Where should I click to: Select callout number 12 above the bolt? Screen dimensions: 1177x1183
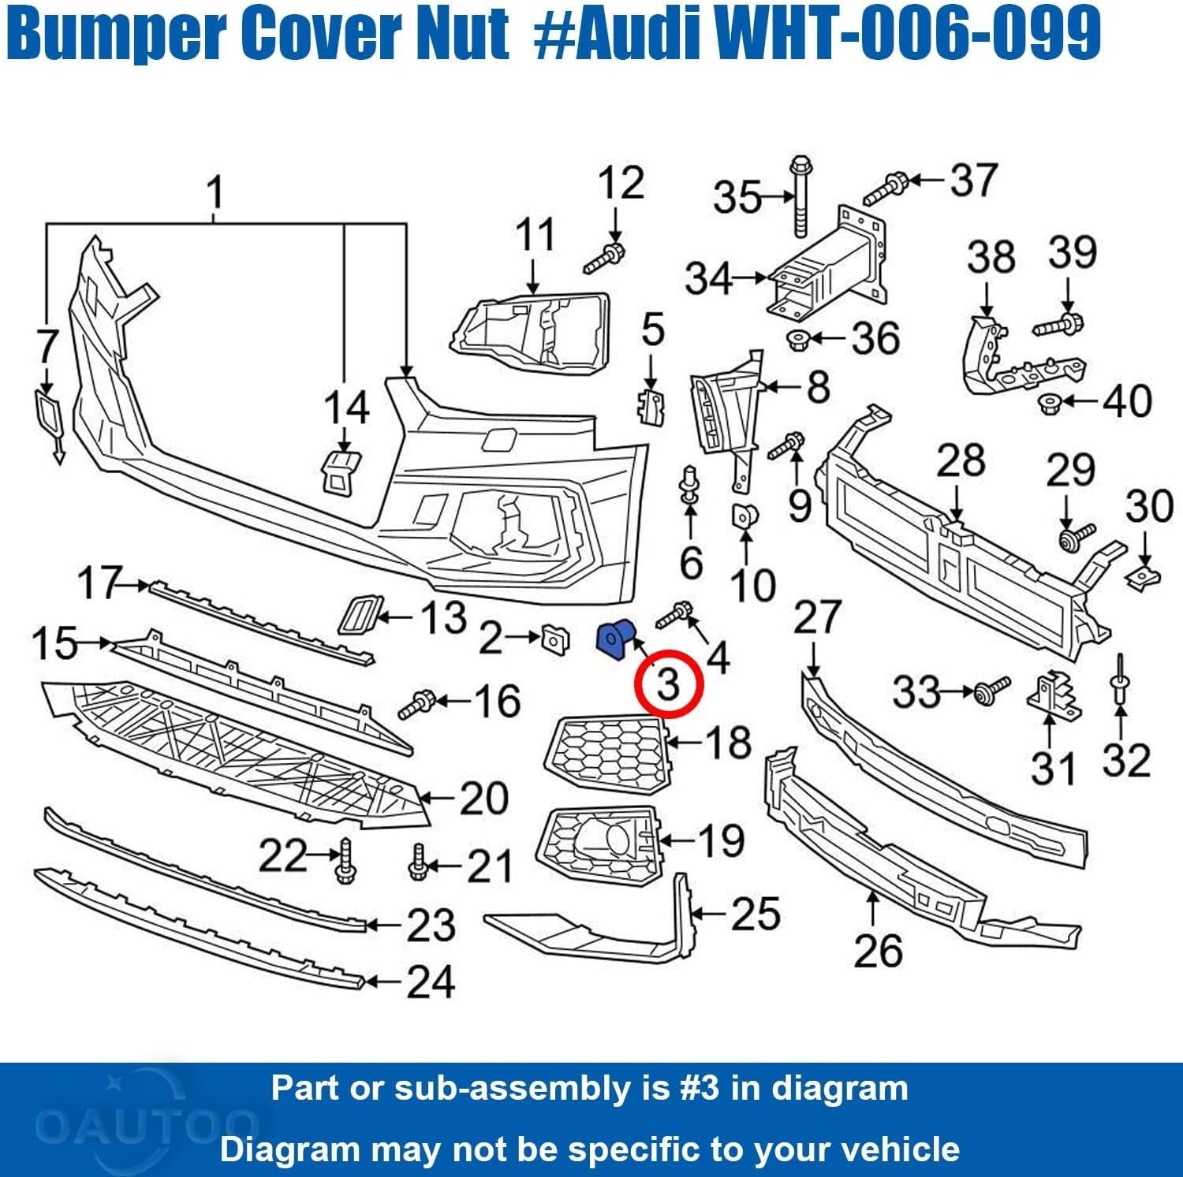[x=621, y=184]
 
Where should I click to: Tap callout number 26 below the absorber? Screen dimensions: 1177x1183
[x=877, y=950]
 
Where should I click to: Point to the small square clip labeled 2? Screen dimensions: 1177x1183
[x=554, y=639]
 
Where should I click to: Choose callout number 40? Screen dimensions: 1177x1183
[x=1128, y=400]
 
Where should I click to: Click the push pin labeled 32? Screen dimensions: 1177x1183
[x=1120, y=682]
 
